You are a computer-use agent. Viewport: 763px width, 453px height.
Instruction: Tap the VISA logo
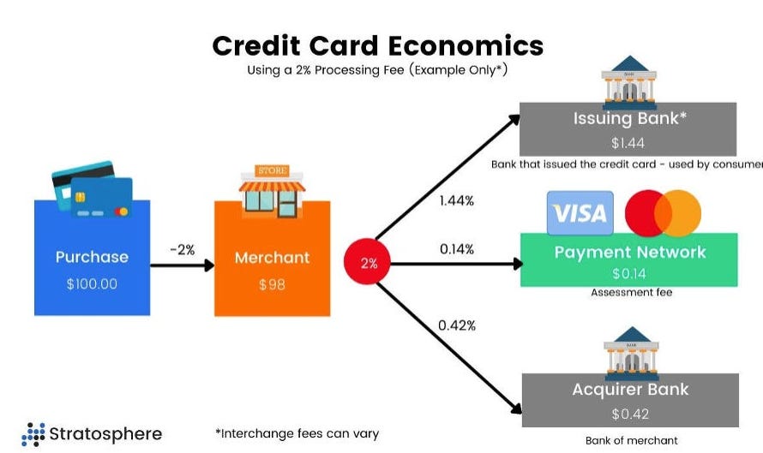[x=580, y=213]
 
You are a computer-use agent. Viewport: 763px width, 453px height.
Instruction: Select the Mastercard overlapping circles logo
[x=663, y=213]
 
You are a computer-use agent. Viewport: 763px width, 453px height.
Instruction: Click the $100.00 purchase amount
[x=92, y=283]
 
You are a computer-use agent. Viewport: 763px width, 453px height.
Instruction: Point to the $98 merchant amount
[x=272, y=284]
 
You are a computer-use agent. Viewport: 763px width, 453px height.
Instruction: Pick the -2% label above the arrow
[x=183, y=250]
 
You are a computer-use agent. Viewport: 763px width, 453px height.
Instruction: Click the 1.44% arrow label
[x=456, y=200]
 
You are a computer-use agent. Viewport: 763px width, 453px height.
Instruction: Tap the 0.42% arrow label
[x=456, y=325]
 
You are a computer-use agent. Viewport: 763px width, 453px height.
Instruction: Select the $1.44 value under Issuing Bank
[x=628, y=143]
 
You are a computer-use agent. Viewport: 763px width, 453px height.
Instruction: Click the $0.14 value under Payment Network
[x=629, y=274]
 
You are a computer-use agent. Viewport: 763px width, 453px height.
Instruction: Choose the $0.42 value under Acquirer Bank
[x=630, y=414]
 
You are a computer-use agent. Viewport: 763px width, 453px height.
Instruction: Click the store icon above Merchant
[x=273, y=191]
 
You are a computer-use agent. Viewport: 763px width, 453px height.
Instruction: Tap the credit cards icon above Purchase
[x=93, y=189]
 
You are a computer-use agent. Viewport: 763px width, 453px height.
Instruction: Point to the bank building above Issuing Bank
[x=629, y=82]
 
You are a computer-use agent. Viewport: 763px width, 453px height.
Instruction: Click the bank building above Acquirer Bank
[x=631, y=354]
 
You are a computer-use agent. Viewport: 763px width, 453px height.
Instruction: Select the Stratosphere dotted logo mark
[x=33, y=434]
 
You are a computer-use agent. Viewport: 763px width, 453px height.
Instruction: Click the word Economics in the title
[x=466, y=45]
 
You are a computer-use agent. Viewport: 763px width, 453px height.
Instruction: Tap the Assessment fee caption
[x=632, y=292]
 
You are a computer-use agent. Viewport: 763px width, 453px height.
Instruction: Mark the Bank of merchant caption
[x=631, y=440]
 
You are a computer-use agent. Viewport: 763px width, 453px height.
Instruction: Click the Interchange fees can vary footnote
[x=297, y=433]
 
